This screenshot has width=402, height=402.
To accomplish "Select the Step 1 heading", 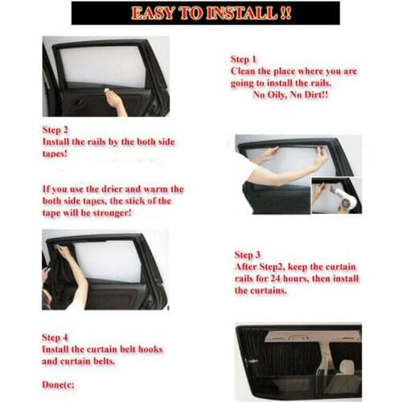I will [244, 59].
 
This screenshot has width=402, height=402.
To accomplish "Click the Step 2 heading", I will [55, 129].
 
